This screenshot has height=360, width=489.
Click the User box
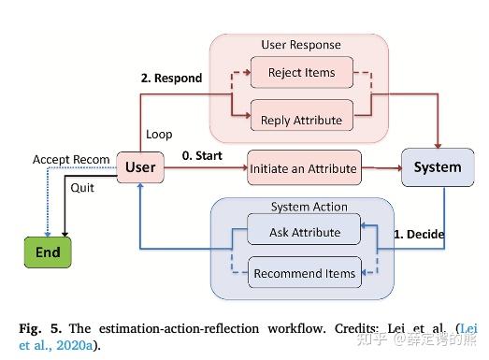click(x=139, y=167)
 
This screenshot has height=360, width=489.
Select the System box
click(x=437, y=167)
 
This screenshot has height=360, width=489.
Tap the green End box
click(x=48, y=253)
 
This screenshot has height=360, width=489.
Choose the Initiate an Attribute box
click(x=303, y=168)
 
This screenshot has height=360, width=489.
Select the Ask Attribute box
click(x=304, y=231)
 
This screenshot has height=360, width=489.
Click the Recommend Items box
click(x=304, y=273)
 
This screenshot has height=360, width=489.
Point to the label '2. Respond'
click(x=170, y=79)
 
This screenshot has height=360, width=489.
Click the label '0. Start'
click(x=201, y=154)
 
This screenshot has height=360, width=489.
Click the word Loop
click(x=159, y=135)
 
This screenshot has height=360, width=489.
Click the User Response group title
click(x=300, y=45)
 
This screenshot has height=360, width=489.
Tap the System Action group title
click(x=309, y=207)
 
